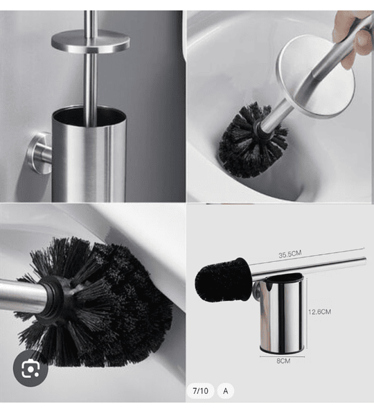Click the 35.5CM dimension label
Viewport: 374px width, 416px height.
[x=290, y=254]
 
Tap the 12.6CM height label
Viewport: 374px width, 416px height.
[x=319, y=312]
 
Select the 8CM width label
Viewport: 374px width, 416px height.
[x=283, y=361]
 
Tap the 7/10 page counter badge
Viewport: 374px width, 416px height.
[x=200, y=391]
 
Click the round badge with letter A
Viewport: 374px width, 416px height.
[x=226, y=391]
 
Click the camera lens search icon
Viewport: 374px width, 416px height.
[x=30, y=369]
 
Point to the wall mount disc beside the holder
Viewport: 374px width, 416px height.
[x=39, y=153]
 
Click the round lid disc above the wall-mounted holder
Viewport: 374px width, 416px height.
[x=91, y=41]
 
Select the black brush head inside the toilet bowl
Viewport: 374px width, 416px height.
[x=252, y=141]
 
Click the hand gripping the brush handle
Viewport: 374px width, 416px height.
[x=353, y=37]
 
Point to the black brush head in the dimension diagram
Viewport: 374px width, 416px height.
[x=222, y=281]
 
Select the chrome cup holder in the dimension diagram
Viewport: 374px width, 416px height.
[x=281, y=313]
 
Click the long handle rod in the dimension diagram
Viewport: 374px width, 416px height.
[x=309, y=268]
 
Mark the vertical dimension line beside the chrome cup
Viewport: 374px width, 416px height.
[x=307, y=313]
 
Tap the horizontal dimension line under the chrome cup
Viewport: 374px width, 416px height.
[x=282, y=356]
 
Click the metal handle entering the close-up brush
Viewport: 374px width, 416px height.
[x=24, y=295]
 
